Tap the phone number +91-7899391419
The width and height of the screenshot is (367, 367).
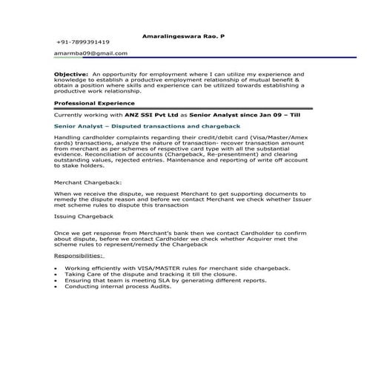coord(83,43)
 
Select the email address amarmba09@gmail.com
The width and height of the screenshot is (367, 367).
coord(91,53)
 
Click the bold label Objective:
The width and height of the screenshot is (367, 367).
coord(71,75)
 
